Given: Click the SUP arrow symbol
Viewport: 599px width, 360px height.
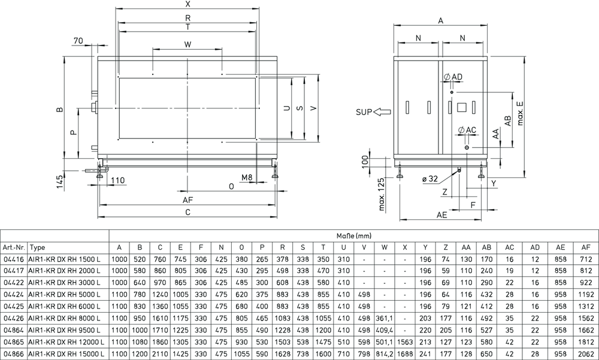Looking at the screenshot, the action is pos(382,112).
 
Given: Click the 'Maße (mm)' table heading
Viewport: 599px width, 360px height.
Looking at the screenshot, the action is pos(354,236).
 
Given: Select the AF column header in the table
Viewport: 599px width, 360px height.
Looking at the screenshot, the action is pos(586,247).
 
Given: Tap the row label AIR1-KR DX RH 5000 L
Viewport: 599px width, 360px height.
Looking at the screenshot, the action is pos(65,295).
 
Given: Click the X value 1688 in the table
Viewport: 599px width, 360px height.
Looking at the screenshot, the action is pos(405,354).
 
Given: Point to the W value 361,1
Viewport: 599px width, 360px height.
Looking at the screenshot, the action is pos(385,318).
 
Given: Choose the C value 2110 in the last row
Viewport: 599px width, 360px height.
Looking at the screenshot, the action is pos(160,354).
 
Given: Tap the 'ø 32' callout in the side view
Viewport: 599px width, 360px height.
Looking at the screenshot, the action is pos(430,179).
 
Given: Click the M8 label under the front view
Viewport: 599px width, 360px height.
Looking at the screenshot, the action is pos(247,177).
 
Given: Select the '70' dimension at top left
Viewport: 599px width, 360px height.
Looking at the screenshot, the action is pos(78,40).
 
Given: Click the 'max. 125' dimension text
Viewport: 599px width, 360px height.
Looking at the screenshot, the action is pos(382,194).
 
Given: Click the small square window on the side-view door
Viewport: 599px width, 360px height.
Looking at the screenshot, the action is pos(462,107).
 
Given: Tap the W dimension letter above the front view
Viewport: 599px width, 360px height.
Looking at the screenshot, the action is pos(187,44).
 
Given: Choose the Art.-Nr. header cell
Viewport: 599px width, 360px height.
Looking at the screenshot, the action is pos(14,247).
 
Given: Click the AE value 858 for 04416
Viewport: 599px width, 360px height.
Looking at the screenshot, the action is pos(561,259).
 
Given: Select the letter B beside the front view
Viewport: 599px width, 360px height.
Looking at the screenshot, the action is pos(59,110).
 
